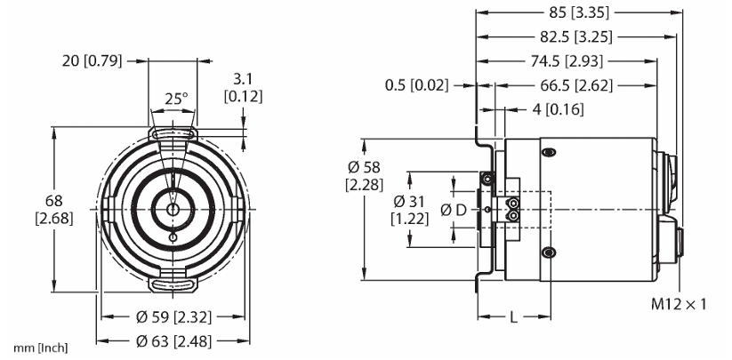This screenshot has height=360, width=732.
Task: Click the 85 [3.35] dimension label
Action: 579,12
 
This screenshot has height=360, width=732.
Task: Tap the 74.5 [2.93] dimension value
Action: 567,60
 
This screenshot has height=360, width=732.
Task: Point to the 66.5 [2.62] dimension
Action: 576,85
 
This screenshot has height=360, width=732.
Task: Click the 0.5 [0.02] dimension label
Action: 416,85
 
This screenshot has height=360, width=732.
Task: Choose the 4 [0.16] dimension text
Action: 558,109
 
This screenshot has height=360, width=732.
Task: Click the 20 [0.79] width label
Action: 92,60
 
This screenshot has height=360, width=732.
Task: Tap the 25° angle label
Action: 176,99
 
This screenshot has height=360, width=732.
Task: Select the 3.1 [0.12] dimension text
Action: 243,87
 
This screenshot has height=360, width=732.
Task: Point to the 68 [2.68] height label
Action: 54,209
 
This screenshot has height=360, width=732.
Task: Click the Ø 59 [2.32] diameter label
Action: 173,317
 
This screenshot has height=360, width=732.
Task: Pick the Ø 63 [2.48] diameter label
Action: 173,341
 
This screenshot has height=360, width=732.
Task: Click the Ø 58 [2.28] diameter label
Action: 364,176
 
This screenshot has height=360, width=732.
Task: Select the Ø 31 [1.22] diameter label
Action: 409,210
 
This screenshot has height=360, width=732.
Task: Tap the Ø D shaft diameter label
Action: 454,211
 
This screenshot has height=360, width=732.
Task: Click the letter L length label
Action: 513,318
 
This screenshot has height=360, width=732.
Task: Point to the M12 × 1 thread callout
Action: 679,304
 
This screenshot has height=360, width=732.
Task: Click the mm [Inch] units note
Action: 41,348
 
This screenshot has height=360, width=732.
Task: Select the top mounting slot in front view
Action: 173,133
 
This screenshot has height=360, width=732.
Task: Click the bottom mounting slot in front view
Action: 173,285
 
